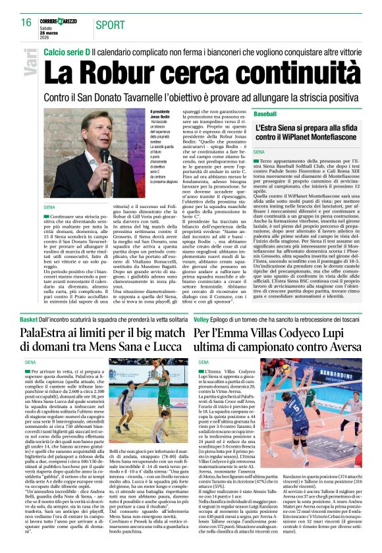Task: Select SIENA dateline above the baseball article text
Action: click(x=261, y=152)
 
